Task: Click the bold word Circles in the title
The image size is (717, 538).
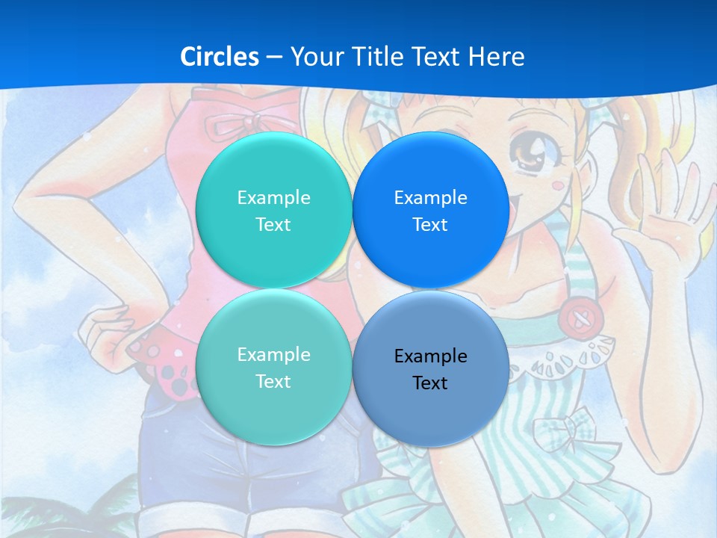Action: pyautogui.click(x=219, y=57)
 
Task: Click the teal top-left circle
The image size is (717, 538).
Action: pyautogui.click(x=273, y=210)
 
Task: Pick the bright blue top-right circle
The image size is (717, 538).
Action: pyautogui.click(x=430, y=210)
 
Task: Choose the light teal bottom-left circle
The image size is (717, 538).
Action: pyautogui.click(x=273, y=367)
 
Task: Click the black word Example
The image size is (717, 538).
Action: pyautogui.click(x=430, y=356)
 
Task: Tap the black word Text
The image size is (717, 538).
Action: pyautogui.click(x=430, y=383)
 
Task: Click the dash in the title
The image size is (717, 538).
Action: pyautogui.click(x=274, y=57)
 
